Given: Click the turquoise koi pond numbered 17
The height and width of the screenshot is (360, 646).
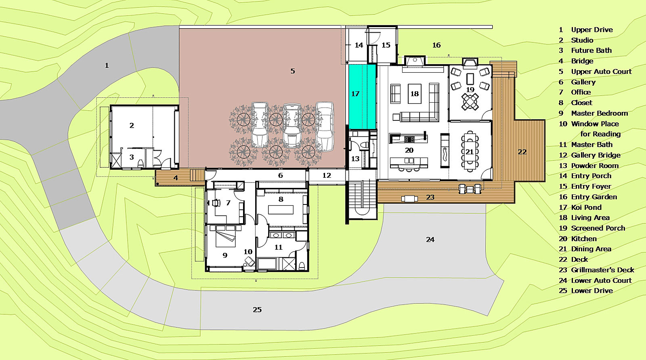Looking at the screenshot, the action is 362,97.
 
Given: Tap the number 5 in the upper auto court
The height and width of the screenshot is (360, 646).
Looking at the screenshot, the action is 293,71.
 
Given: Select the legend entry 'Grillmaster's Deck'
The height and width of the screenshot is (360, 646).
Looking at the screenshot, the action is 596,270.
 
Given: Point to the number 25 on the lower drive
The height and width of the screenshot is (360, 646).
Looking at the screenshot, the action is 257,310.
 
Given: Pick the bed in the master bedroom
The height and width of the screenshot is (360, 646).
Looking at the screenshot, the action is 226,236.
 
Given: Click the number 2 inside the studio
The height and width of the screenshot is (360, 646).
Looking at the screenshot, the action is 132,125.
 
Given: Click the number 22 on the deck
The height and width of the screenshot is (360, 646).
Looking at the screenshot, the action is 522,152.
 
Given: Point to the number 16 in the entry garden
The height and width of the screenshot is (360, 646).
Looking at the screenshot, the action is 436,45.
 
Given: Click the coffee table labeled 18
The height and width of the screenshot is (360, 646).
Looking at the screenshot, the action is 415,94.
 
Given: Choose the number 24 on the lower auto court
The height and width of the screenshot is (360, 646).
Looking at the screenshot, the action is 430,240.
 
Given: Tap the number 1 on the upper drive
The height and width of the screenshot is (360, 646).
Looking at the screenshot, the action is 107,65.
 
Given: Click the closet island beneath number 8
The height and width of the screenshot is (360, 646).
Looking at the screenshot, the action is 281,209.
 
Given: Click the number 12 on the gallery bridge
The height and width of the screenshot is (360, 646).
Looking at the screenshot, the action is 327,175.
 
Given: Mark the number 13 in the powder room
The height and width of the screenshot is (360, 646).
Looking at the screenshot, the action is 355,159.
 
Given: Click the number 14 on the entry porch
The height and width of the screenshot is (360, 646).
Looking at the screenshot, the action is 359,45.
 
